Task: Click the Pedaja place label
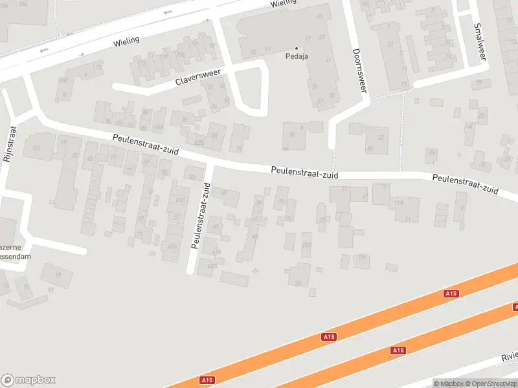click(x=297, y=56)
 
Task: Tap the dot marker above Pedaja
click(x=297, y=48)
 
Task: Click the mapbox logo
click(x=28, y=380)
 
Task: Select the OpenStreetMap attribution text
click(x=490, y=383)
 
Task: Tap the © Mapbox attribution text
click(x=447, y=383)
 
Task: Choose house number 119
click(x=98, y=67)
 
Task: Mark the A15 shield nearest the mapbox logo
click(x=207, y=380)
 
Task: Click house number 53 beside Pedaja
click(x=267, y=49)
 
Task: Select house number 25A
click(x=306, y=244)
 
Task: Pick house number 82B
click(x=199, y=142)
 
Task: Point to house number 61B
click(x=179, y=200)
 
